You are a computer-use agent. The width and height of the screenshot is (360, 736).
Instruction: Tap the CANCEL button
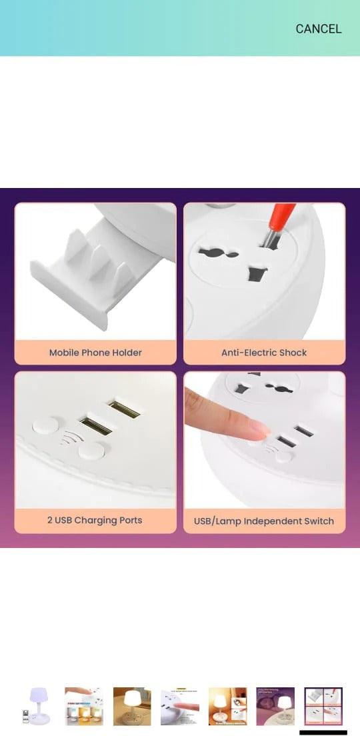coord(318,29)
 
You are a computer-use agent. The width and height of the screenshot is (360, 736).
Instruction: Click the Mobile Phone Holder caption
coord(95,353)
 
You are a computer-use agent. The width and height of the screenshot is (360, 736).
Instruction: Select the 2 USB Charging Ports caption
coord(95,520)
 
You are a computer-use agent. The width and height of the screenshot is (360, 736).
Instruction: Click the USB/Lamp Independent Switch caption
coord(264,521)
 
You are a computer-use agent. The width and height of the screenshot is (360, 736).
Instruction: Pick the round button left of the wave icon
coord(45,425)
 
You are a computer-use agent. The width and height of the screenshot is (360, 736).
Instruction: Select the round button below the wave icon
coord(91,451)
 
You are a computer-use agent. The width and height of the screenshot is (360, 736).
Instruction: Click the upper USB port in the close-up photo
coord(125,409)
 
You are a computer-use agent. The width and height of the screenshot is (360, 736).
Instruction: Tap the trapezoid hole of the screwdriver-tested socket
coord(257,273)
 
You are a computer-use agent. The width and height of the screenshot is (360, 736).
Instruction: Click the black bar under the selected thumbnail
coord(323,732)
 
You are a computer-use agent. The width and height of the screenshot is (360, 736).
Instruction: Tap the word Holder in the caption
coord(127,353)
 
